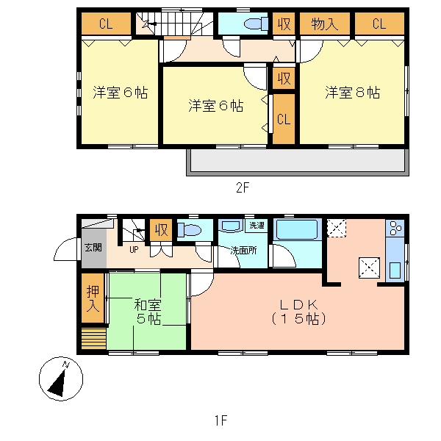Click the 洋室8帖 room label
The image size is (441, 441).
pyautogui.click(x=353, y=93)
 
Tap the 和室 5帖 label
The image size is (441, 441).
pyautogui.click(x=148, y=312)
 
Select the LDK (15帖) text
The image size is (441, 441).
pyautogui.click(x=298, y=312)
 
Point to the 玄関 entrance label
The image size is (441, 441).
pyautogui.click(x=93, y=247)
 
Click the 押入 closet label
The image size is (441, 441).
pyautogui.click(x=92, y=299)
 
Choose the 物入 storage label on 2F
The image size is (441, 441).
pyautogui.click(x=325, y=24)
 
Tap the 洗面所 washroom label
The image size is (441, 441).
pyautogui.click(x=243, y=250)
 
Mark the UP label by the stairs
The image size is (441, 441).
pyautogui.click(x=134, y=249)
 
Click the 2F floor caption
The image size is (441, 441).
pyautogui.click(x=243, y=187)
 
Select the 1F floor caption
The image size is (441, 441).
pyautogui.click(x=221, y=420)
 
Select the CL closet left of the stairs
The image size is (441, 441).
pyautogui.click(x=105, y=24)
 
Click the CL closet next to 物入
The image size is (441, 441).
pyautogui.click(x=379, y=24)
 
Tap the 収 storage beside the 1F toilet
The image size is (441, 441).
pyautogui.click(x=159, y=230)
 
